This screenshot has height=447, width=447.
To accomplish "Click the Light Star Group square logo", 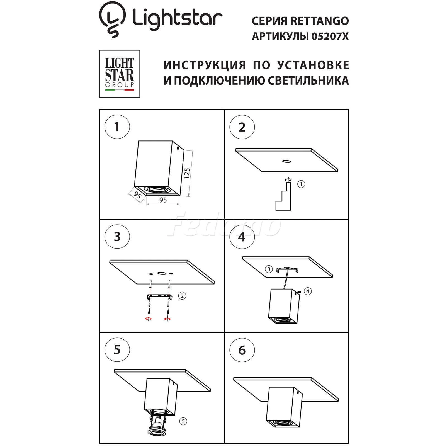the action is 120,74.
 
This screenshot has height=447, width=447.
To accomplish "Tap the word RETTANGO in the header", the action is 319,21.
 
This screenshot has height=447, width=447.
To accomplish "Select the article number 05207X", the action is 330,36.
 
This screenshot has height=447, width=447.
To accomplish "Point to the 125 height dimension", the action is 187,173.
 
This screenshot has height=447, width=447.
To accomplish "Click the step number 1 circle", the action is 117,127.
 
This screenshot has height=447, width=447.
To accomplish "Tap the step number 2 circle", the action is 242,127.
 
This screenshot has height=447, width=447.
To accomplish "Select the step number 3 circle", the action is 117,237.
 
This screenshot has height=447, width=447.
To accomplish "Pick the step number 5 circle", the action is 117,349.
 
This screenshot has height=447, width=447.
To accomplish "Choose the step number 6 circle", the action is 242,350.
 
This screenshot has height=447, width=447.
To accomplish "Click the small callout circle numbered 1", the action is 301,184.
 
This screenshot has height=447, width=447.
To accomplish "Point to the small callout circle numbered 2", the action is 182,296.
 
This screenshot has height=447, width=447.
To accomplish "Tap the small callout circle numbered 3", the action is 269,269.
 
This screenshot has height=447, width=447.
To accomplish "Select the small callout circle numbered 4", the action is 308,291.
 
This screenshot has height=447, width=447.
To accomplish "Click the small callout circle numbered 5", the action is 183,421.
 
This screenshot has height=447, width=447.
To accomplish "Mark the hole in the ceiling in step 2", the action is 286,161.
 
